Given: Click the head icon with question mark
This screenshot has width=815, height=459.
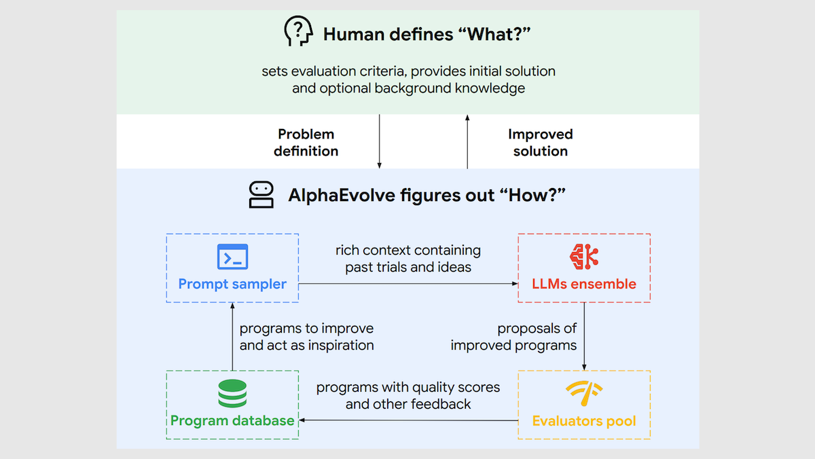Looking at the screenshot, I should [298, 32].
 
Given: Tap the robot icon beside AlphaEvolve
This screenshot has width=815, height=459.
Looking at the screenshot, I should [261, 195].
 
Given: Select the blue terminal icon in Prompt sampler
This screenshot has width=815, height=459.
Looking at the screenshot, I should [232, 257].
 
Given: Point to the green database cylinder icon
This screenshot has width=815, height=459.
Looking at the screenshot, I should [232, 394].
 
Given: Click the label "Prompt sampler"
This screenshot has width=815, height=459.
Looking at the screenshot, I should [232, 284].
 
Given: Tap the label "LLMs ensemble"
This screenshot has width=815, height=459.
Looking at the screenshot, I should [584, 284].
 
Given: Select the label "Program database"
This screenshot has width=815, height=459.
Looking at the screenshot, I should [232, 420].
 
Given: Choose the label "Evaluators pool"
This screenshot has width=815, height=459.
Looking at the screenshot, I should [584, 421].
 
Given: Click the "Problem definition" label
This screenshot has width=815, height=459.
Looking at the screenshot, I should [306, 143].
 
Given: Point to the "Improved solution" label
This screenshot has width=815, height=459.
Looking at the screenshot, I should [541, 143].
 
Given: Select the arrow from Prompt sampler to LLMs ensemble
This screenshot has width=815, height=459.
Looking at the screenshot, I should [407, 283].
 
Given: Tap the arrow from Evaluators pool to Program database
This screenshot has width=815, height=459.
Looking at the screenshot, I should [407, 420].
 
